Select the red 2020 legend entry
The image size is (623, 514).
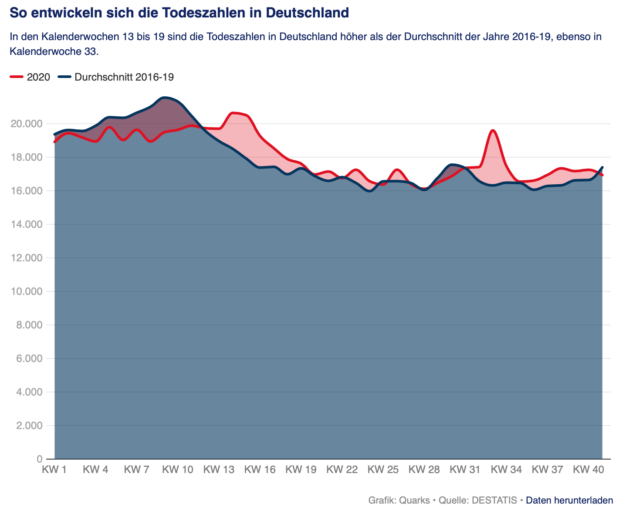tap(30, 77)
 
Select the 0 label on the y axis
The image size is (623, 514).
tap(40, 459)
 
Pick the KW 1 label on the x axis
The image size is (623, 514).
tap(54, 470)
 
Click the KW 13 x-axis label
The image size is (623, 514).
tap(219, 470)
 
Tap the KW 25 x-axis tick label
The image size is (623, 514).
tap(383, 470)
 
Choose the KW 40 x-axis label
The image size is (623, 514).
tap(588, 470)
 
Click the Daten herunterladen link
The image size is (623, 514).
tap(569, 500)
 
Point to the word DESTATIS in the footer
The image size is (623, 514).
tap(495, 500)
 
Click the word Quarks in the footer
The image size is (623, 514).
tap(414, 500)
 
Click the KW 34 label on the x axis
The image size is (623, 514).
tap(506, 470)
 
